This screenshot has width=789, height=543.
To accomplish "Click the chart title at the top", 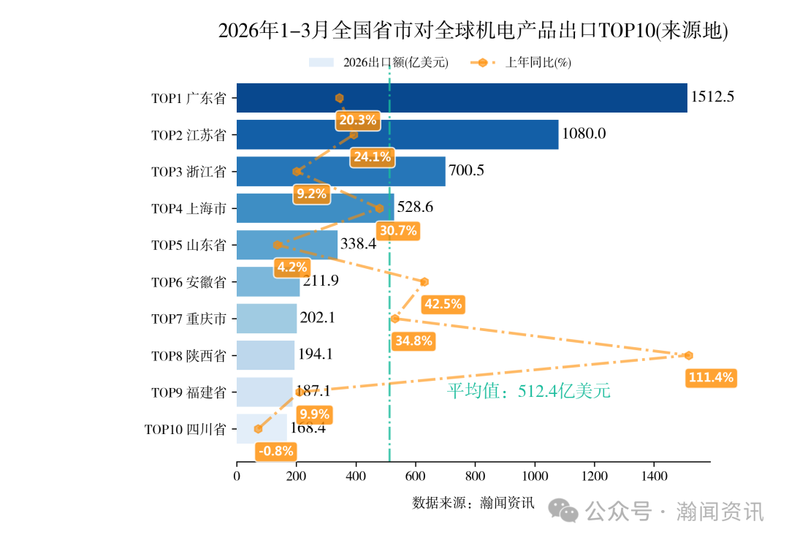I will click(473, 31).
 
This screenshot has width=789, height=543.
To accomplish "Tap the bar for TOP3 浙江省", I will click(340, 172).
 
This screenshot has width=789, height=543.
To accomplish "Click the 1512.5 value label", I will click(712, 97).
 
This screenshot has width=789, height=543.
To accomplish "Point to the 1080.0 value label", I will click(584, 134).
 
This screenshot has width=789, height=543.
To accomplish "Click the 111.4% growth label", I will click(710, 378).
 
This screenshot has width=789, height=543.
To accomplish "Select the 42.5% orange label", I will click(443, 304).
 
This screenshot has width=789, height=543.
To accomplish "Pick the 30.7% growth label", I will click(398, 231).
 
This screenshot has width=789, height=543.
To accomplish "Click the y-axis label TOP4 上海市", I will click(188, 208).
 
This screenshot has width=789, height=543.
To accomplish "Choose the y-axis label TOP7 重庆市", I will click(188, 319).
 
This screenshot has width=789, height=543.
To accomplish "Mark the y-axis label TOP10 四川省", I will click(186, 429).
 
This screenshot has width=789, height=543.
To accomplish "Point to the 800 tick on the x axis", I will click(475, 476).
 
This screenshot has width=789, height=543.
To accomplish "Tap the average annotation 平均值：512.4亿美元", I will click(528, 392).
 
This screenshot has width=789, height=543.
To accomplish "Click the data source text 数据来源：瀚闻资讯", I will click(473, 503).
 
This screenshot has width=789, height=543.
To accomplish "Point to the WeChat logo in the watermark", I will click(565, 511).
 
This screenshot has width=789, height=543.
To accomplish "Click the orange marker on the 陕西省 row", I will click(688, 356).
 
